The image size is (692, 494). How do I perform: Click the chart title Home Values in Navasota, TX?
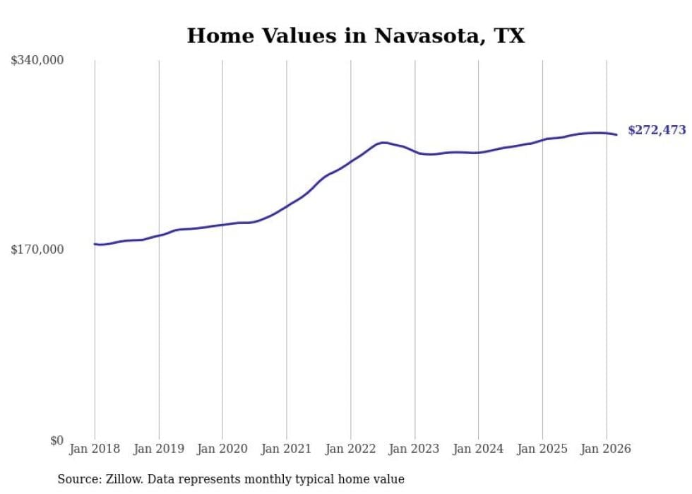(355, 36)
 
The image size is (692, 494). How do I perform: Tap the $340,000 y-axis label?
(37, 61)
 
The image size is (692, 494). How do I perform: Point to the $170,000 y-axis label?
(37, 249)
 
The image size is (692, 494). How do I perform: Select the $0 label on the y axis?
(56, 440)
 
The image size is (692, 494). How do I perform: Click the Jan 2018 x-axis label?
(95, 449)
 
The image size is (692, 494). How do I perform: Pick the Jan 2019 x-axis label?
(159, 449)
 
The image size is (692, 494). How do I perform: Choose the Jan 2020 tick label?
(222, 449)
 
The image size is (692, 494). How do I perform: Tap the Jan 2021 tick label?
(287, 449)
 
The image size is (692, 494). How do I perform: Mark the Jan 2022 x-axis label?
(350, 449)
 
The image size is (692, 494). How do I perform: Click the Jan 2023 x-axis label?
(414, 449)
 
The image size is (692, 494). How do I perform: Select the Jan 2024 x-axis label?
(478, 449)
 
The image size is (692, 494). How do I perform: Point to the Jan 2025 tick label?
(542, 449)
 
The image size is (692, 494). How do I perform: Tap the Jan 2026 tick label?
(606, 449)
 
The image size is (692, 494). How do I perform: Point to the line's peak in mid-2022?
(383, 143)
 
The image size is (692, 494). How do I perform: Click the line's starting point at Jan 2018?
(95, 244)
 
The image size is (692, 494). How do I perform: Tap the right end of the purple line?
(616, 134)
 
